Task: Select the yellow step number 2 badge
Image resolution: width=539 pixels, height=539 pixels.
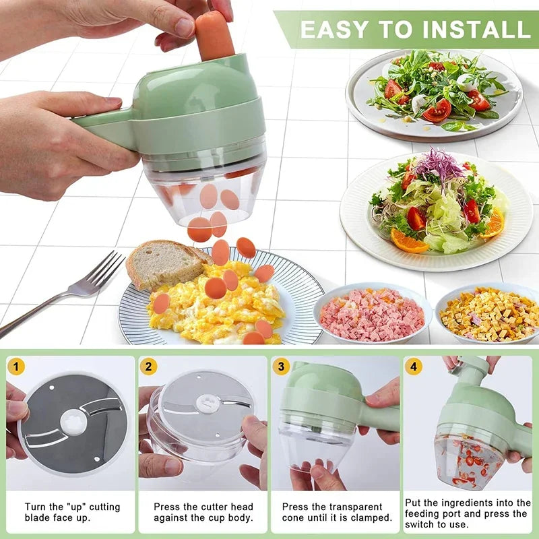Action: (x=149, y=367)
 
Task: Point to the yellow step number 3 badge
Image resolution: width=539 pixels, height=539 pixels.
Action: (x=281, y=367)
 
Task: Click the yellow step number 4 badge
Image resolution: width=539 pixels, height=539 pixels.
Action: (x=413, y=367)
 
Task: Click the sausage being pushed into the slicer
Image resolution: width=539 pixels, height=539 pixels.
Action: (x=214, y=34)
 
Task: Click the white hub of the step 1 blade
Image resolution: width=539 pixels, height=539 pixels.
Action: (x=73, y=422)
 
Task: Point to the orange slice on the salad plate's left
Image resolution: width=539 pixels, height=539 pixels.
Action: (x=408, y=241)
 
